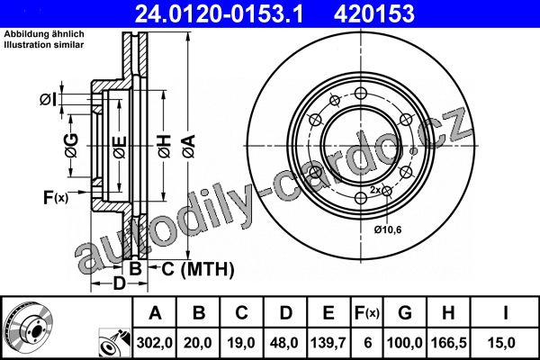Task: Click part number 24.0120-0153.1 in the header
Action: (x=220, y=14)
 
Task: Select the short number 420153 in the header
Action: (x=374, y=14)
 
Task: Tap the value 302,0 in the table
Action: (x=154, y=343)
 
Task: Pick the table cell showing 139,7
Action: (x=328, y=343)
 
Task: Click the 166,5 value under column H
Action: (x=449, y=343)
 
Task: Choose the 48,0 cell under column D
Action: (x=284, y=343)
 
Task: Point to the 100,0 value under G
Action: (x=405, y=343)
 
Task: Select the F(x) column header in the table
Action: (x=367, y=313)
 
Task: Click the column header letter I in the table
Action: (x=505, y=313)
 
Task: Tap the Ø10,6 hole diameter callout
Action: (x=388, y=229)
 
